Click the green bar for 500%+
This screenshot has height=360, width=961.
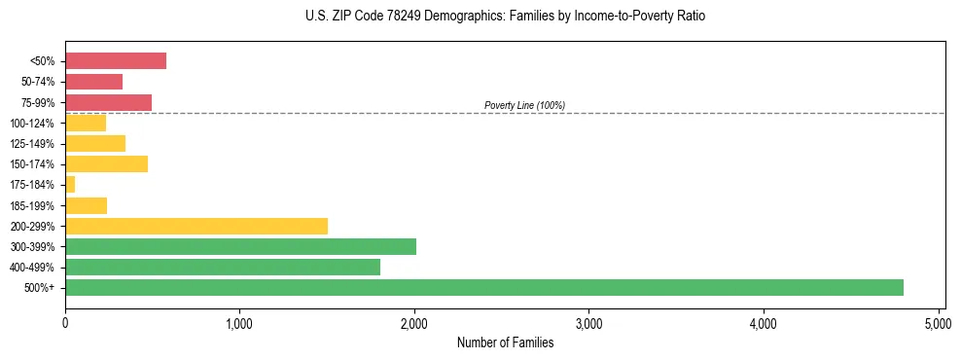coord(483,287)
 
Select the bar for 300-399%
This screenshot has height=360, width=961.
coord(240,246)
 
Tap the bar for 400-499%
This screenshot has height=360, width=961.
coord(222,267)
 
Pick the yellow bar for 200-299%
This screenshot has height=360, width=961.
coord(196,226)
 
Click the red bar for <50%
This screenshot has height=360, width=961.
coord(116,61)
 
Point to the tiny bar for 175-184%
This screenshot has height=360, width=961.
coord(70,185)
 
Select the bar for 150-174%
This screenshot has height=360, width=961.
coord(106,163)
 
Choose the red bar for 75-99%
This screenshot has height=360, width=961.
coord(108,102)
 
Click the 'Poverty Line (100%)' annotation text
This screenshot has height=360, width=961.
coord(524,105)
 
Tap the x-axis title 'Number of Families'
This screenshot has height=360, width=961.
coord(505,342)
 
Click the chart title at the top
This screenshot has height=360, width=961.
coord(505,17)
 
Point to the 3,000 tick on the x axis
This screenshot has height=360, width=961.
coord(588,321)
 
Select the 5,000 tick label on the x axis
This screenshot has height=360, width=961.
coord(938,321)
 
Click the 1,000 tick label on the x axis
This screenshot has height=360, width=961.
coord(239,321)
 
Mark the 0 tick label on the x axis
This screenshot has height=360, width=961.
coord(65,321)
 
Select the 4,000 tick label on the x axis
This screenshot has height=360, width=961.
coord(764,321)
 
